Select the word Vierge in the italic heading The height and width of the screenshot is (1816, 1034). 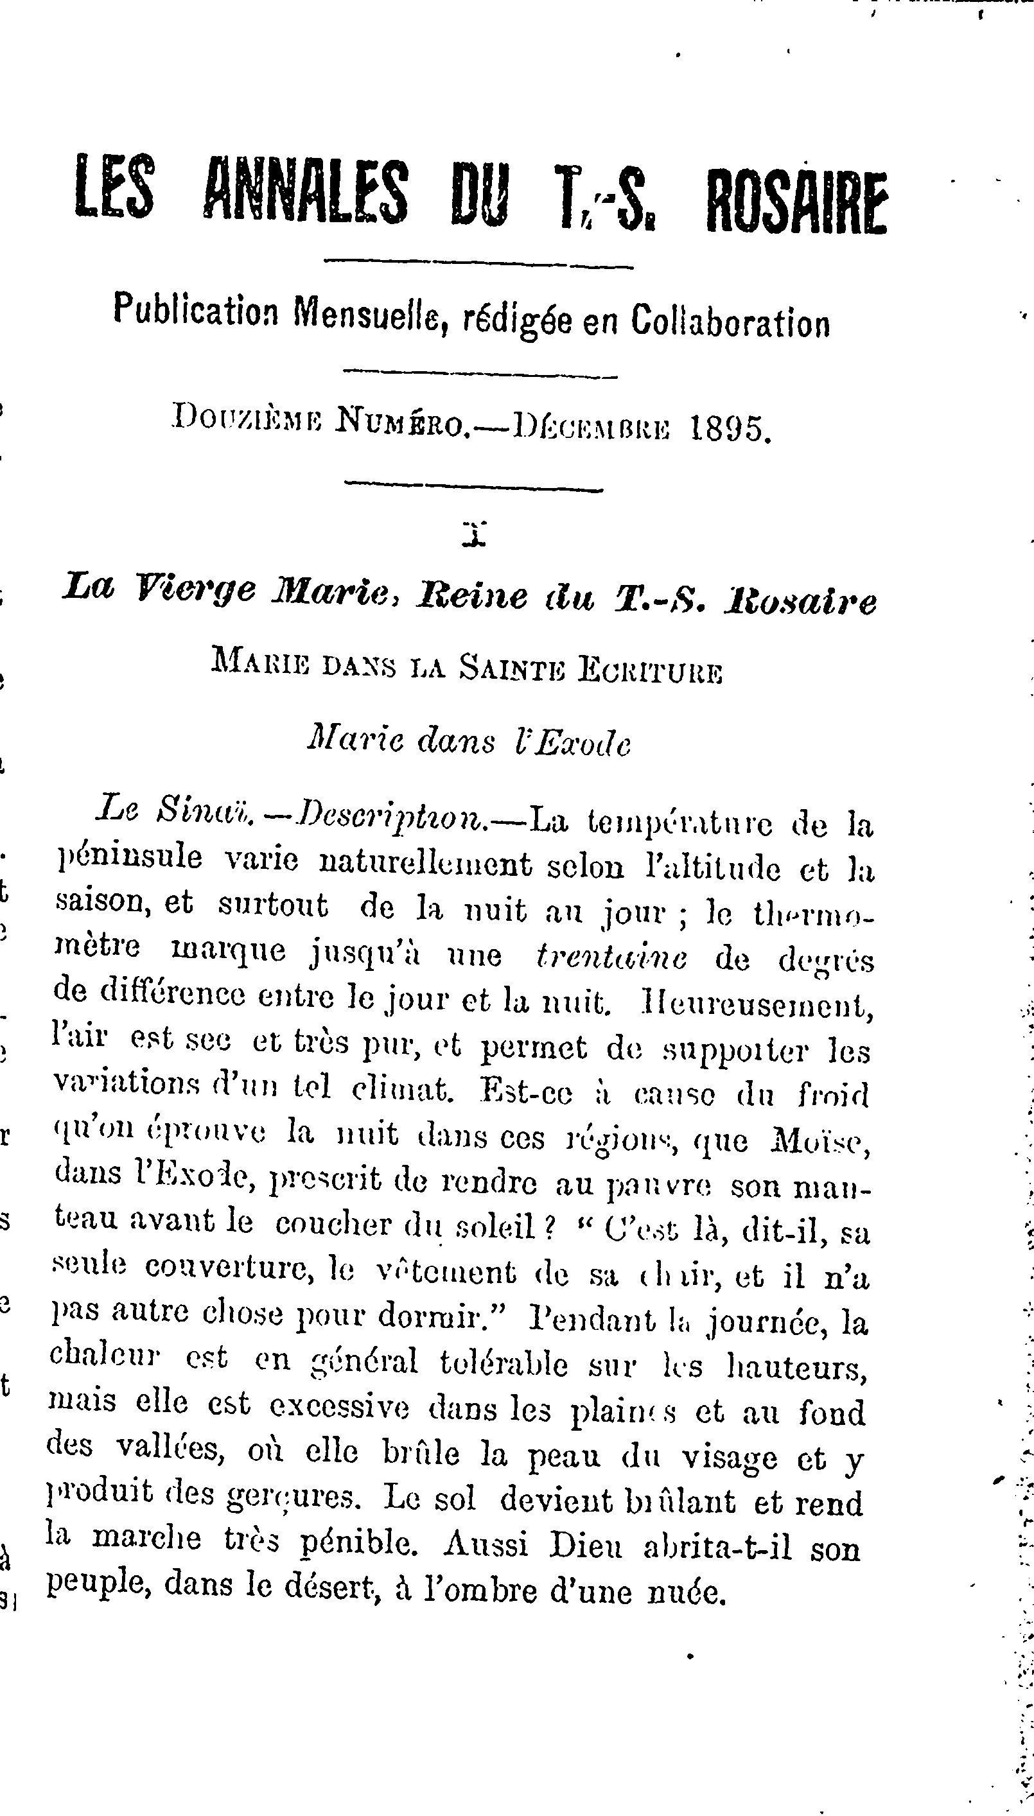pos(195,589)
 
